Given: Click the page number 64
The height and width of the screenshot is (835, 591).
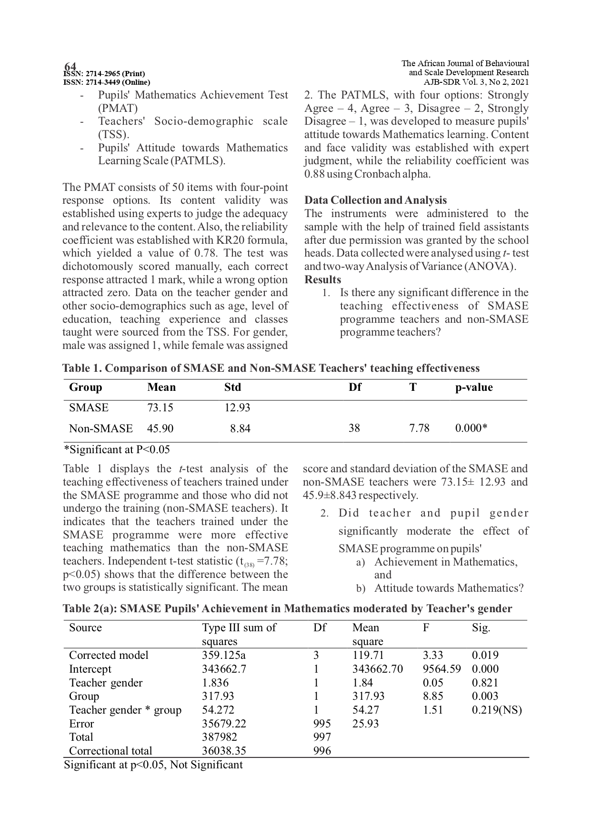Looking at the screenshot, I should coord(70,66).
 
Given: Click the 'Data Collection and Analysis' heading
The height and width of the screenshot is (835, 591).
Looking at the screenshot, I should coord(375,200).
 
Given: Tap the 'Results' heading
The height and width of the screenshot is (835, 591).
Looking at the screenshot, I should coord(322,279).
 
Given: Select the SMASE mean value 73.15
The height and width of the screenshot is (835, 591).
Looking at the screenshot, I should coord(160,408).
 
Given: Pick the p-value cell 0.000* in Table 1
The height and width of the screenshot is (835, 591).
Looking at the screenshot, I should coord(471,428).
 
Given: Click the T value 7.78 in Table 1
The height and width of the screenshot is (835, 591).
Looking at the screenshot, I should coord(419,428).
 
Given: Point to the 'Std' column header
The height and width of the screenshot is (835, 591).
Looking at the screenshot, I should coord(232,387).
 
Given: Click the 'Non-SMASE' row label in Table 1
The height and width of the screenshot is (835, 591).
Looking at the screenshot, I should coord(100,428).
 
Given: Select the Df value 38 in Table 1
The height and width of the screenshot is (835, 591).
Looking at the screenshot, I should coord(354,428).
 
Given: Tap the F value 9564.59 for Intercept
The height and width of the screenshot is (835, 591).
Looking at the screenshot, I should coord(441,669).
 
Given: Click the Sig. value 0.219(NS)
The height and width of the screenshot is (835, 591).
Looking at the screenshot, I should coord(497,710).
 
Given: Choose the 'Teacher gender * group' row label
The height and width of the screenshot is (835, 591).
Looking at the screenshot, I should coord(125,710).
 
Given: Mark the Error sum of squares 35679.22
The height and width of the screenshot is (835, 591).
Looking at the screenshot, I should coord(224,724).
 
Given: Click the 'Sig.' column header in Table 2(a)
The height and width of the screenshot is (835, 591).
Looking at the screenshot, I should coord(481,627).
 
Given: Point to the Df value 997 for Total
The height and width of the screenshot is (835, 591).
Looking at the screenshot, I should coord(322,737).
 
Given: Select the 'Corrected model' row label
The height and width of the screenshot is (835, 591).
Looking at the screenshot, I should coord(109,655).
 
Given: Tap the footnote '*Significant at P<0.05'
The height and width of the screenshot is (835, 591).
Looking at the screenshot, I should coord(117,449).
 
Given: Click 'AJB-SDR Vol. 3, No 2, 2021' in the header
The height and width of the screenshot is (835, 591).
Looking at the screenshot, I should coord(476,82).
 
